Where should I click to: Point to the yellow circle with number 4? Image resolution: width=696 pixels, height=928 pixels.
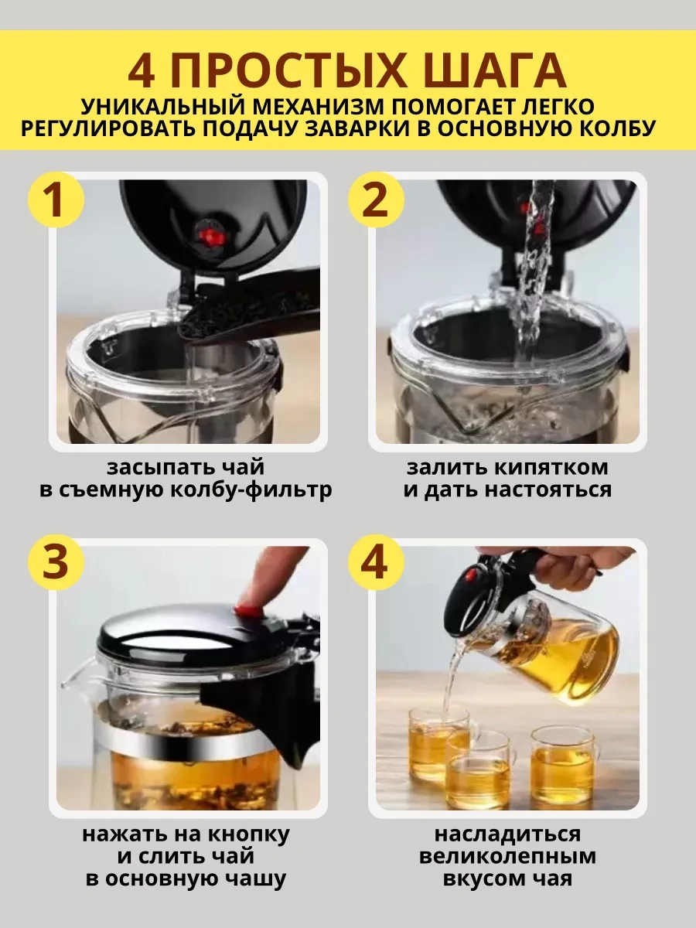(376, 563)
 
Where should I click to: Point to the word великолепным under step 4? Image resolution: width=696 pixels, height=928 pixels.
(507, 857)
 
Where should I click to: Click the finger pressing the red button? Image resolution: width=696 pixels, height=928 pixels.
(267, 576)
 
